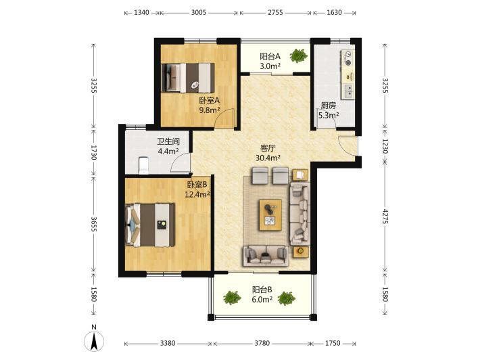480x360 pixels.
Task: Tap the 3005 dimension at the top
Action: [199, 13]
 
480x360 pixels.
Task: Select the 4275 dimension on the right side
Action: [385, 217]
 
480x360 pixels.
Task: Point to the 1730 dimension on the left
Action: [94, 152]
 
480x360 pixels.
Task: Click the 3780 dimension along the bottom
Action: [262, 343]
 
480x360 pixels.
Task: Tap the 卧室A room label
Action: [210, 100]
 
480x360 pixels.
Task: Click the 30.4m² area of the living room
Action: [268, 158]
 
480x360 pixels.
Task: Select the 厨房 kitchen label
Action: [329, 106]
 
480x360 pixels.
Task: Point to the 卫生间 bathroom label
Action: [168, 141]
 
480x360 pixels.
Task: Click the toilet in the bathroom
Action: [143, 165]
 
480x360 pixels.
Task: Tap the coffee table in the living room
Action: [270, 215]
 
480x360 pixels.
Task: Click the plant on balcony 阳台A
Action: [298, 55]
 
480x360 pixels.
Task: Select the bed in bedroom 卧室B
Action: [150, 225]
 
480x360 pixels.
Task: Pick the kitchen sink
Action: [348, 91]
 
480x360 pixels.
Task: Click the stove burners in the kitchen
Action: [347, 58]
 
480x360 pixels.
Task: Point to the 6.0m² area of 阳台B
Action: [262, 299]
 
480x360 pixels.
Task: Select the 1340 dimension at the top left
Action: [142, 13]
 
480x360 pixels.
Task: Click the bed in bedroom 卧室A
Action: [188, 78]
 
